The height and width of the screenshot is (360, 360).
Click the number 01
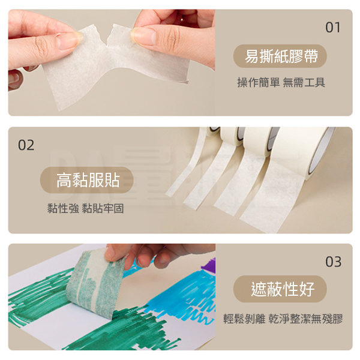tap(333, 28)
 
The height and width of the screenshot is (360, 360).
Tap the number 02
tap(26, 145)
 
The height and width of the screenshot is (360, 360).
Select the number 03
tap(333, 262)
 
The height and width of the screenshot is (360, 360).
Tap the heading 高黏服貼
tap(88, 180)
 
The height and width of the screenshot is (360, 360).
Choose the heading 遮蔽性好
tap(283, 289)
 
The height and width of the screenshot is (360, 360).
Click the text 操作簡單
tap(258, 82)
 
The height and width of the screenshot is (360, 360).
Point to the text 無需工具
tap(304, 82)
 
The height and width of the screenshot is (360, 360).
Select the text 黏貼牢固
tap(103, 208)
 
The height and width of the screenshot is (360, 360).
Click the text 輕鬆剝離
tap(244, 319)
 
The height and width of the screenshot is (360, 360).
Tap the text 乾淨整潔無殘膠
tap(305, 319)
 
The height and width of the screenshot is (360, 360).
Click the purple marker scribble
tap(208, 266)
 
